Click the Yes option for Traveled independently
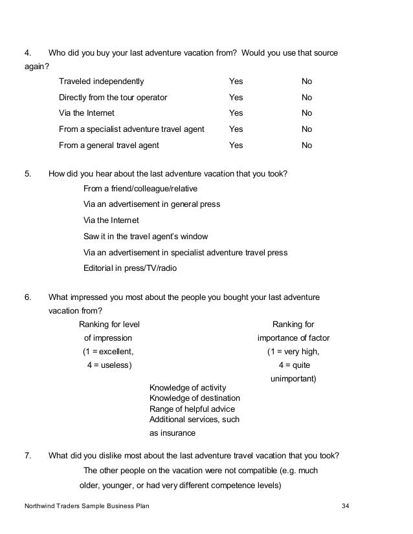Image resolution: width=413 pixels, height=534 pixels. coord(236,81)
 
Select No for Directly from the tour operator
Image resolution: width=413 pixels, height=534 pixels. coord(307,98)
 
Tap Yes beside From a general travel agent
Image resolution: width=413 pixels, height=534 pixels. coord(236,145)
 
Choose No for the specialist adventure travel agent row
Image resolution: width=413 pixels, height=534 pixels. coord(307,129)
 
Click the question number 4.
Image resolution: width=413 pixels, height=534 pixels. coord(28,52)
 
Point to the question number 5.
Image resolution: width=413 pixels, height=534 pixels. coord(28,174)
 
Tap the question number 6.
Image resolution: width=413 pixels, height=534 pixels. coord(28,297)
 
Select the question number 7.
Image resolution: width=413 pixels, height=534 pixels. coord(28,455)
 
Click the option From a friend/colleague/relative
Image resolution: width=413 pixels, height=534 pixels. coord(140,189)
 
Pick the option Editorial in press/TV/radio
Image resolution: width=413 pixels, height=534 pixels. coord(130,268)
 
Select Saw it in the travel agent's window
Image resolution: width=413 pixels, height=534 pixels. coord(146,237)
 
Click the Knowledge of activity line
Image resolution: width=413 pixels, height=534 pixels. coord(188,387)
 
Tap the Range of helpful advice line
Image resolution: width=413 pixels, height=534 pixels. coord(192,409)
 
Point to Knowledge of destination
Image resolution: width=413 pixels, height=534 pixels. coord(195,398)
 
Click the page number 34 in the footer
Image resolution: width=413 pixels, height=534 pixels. coord(345,506)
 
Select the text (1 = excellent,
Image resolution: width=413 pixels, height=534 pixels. coord(107,352)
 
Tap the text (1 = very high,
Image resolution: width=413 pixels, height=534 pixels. coord(293,352)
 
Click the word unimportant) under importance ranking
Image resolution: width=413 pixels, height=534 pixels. coord(293,378)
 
